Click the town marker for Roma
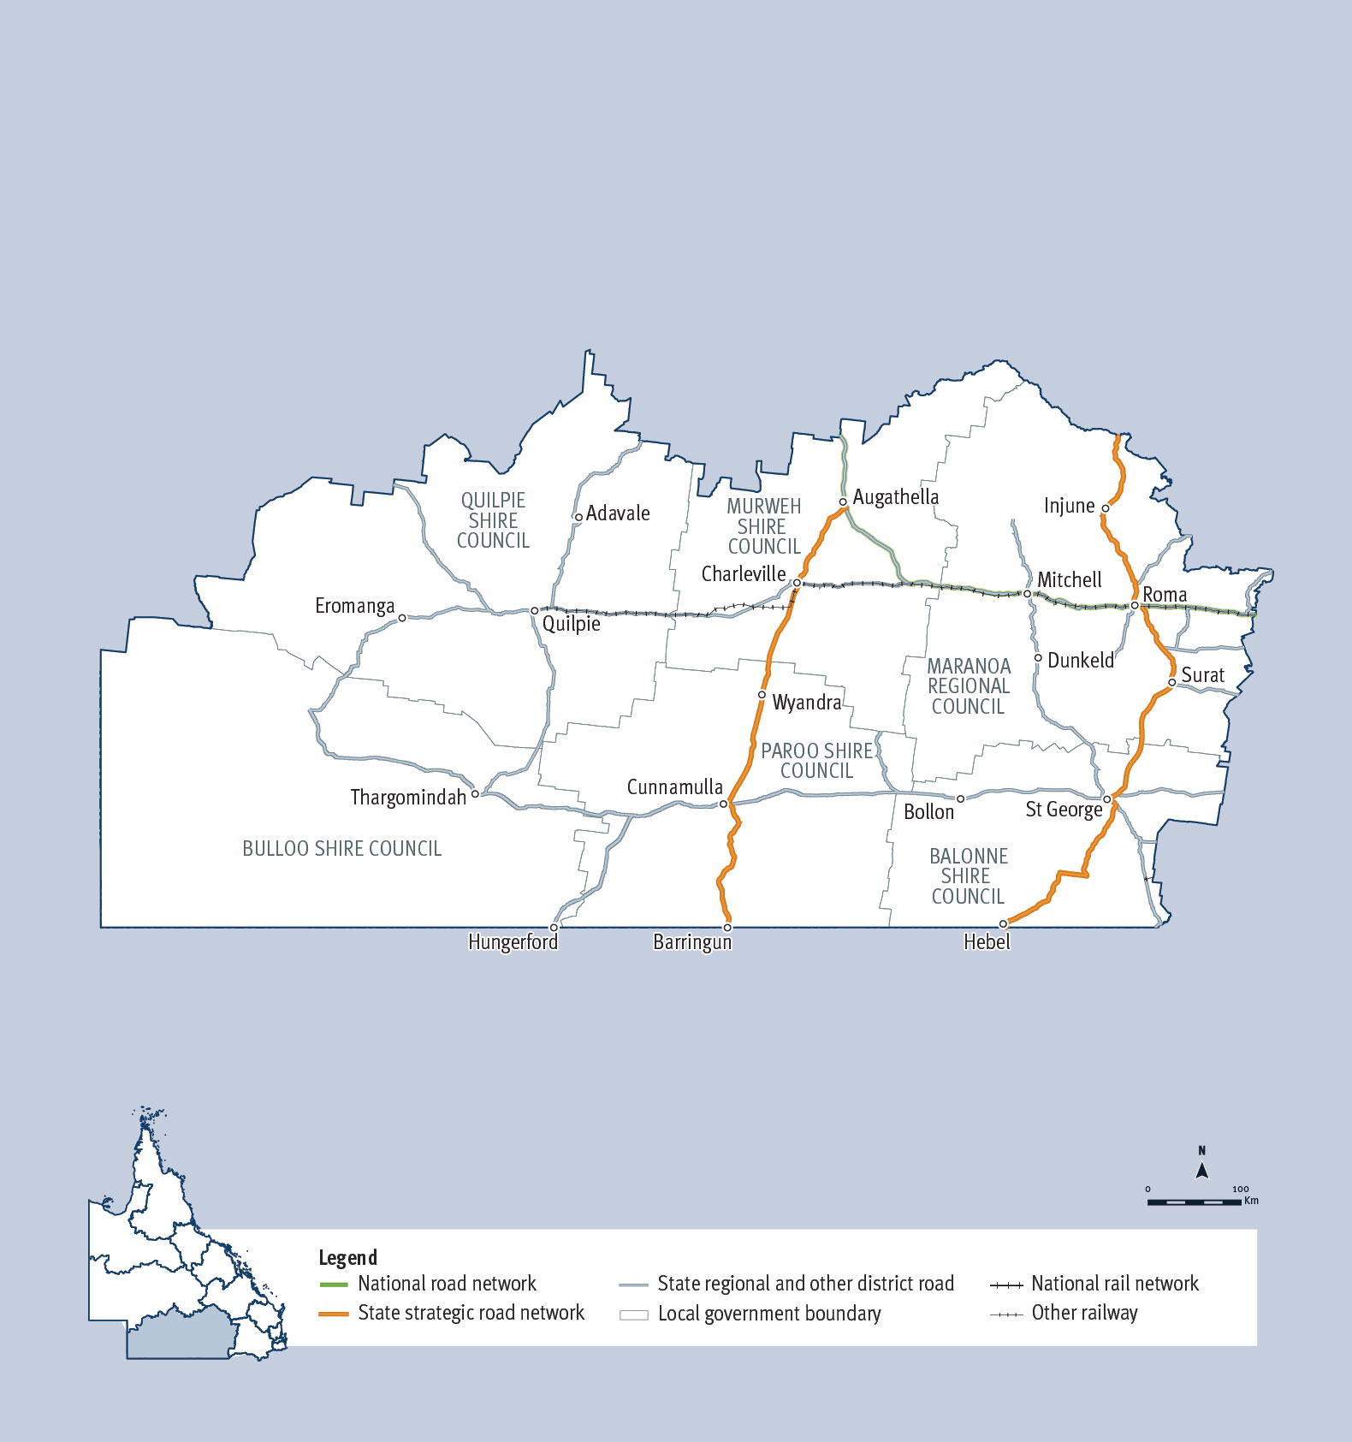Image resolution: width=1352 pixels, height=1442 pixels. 1135,606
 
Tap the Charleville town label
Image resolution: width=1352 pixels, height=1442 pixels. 743,574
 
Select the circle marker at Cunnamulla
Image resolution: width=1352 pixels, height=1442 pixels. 723,804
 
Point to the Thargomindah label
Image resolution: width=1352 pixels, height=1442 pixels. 408,798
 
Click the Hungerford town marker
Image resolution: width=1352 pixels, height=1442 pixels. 554,928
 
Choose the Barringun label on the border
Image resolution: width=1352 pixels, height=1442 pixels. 692,943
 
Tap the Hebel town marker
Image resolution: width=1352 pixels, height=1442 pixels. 1004,924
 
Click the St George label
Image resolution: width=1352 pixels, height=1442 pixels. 1064,810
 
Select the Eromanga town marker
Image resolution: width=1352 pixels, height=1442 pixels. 402,618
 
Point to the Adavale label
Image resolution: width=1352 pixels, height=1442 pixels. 618,513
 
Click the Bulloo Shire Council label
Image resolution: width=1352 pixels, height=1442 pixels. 342,849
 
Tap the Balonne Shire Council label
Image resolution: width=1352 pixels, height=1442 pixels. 968,876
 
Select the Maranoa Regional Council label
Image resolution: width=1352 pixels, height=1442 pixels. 969,686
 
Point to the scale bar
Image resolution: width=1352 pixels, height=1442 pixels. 1195,1202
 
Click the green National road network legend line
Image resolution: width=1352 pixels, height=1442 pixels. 333,1285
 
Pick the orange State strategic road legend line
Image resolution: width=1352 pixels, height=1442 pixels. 333,1314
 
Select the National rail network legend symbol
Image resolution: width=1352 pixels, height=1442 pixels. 1006,1285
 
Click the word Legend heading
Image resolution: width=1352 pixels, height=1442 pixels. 347,1257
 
